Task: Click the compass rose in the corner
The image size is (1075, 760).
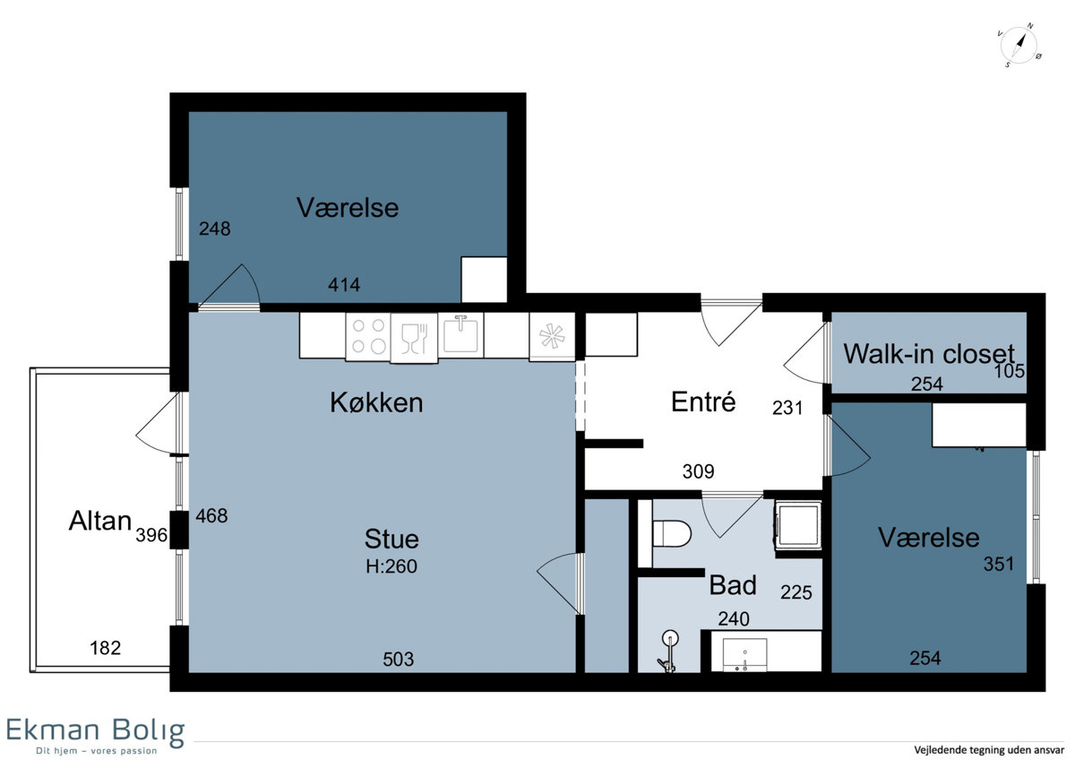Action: point(1019,46)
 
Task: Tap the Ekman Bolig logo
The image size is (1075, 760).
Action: point(96,736)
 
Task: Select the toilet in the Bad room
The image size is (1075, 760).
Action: point(671,533)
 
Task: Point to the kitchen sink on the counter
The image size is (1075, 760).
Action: point(460,334)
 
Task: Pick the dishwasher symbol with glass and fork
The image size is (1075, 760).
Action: point(414,338)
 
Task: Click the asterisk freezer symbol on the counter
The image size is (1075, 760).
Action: point(552,336)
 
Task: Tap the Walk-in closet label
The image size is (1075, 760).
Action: point(929,354)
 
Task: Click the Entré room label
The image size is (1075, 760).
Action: point(703,402)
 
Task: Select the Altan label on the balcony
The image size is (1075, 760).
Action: point(100,521)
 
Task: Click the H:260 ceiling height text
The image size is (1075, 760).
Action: point(391,566)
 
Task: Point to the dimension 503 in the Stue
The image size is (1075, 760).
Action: point(399,660)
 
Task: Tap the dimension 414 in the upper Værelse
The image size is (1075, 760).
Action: point(344,285)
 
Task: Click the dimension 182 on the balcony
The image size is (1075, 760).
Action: point(106,648)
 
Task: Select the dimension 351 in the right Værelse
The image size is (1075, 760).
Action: point(999,564)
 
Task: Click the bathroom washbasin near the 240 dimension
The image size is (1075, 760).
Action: point(744,654)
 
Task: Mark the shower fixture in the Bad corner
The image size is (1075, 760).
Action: point(669,651)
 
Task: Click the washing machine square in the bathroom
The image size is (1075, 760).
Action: point(798,525)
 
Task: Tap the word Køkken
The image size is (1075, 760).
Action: point(377,402)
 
